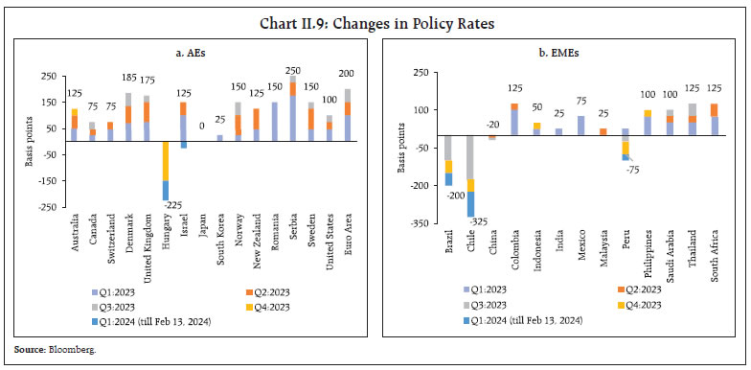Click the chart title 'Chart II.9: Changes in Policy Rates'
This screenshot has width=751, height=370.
(x=375, y=13)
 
